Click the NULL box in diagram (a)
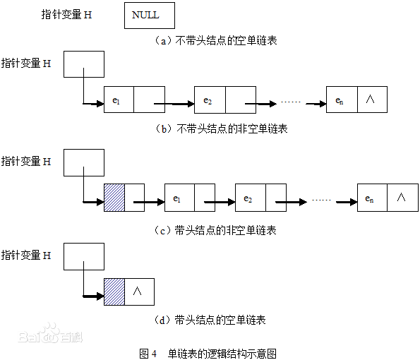click(x=149, y=16)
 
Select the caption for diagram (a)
click(x=216, y=41)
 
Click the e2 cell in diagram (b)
click(x=209, y=100)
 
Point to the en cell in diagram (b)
click(x=342, y=100)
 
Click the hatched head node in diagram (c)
click(x=114, y=196)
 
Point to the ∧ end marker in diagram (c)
click(x=401, y=197)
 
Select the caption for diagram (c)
click(x=216, y=230)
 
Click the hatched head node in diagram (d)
click(x=114, y=290)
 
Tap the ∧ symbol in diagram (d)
click(x=139, y=290)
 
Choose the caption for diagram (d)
click(x=210, y=320)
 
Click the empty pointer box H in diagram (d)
click(x=84, y=256)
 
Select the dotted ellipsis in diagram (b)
click(x=291, y=102)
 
